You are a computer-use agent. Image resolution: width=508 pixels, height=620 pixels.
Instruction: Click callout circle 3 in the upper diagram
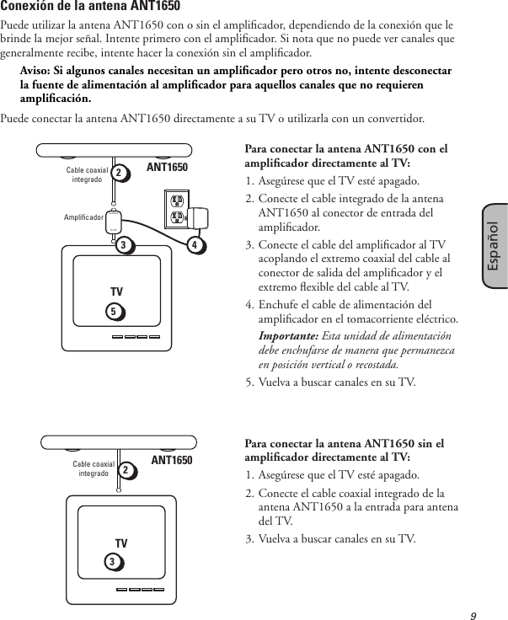tap(125, 245)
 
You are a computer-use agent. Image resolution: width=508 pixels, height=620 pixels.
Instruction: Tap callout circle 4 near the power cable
tap(195, 246)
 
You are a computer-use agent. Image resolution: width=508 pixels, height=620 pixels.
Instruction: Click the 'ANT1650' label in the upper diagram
tap(168, 168)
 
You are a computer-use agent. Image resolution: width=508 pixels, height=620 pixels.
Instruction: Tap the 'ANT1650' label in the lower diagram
tap(172, 460)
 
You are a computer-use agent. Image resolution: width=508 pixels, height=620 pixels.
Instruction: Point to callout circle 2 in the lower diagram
tap(126, 468)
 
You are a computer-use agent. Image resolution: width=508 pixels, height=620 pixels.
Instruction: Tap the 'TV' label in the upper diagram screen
tap(116, 291)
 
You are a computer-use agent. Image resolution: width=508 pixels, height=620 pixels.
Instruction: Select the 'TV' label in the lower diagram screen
tap(121, 543)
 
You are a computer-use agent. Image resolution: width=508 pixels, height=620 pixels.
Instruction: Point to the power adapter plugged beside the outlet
tap(202, 217)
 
